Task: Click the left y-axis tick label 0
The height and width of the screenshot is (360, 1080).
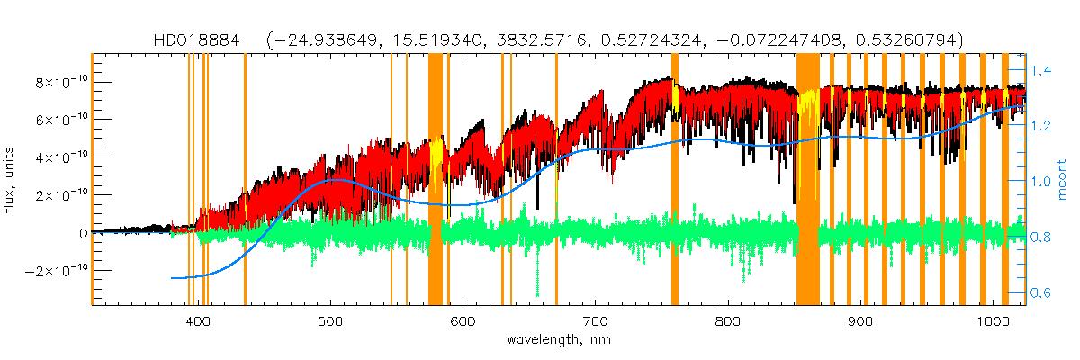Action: [83, 233]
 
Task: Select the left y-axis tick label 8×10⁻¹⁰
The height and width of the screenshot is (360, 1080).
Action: [60, 82]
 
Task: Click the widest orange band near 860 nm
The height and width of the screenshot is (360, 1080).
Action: [807, 180]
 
